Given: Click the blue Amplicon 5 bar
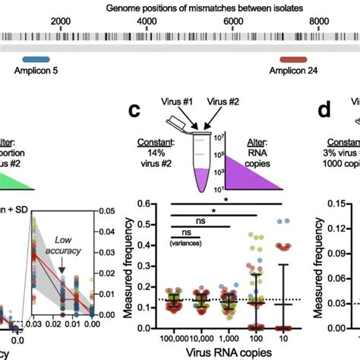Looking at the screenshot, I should (35, 58).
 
